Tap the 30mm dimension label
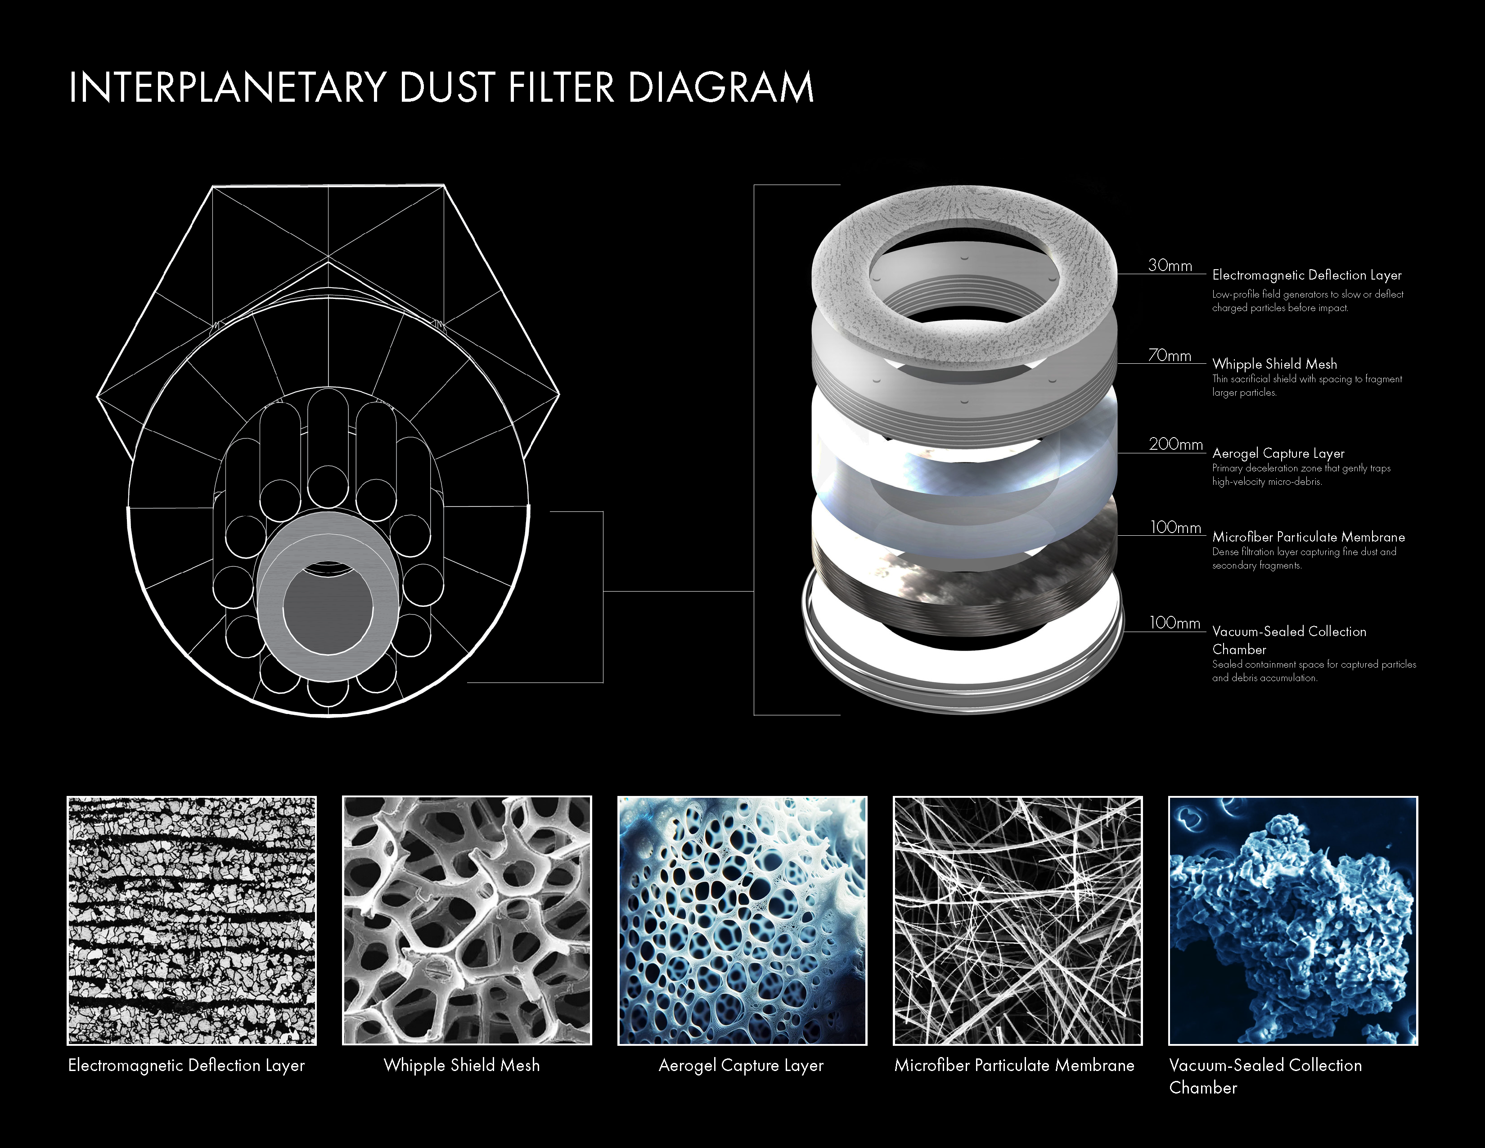pos(1170,265)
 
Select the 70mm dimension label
pos(1170,355)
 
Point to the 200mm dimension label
pos(1175,444)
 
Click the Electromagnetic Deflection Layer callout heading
pos(1307,275)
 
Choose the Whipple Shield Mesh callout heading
pos(1274,364)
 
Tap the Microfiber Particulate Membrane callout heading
pos(1308,537)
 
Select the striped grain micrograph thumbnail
pos(192,920)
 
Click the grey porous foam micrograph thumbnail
pos(467,920)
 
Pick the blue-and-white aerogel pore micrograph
pos(742,920)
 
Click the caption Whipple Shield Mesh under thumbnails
pos(462,1065)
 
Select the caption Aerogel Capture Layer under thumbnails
pos(741,1065)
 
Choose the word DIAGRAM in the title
pos(721,88)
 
